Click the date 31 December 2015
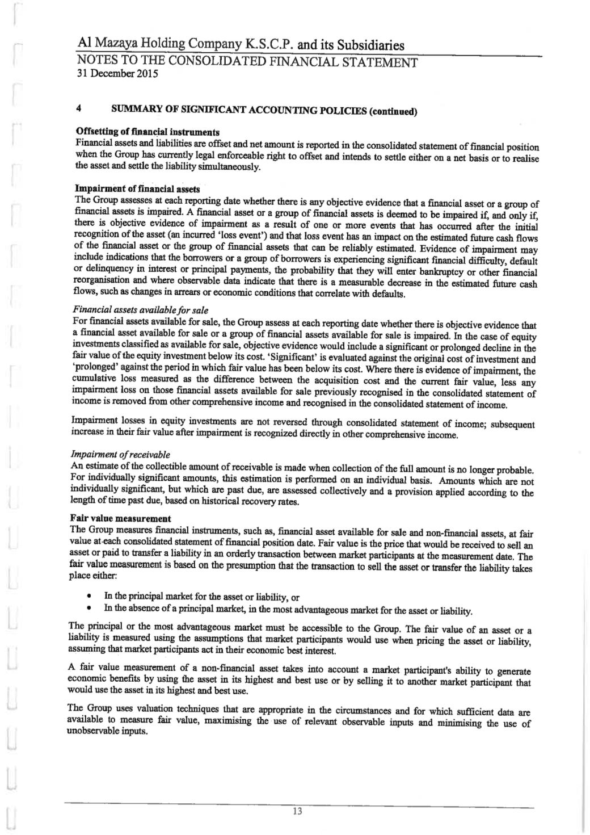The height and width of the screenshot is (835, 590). (117, 74)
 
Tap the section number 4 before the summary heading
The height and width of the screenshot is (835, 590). (78, 107)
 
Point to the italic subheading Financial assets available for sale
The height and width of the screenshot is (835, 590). (140, 310)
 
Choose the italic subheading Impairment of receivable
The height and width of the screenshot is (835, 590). (120, 455)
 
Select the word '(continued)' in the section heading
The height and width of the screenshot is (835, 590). (393, 110)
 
